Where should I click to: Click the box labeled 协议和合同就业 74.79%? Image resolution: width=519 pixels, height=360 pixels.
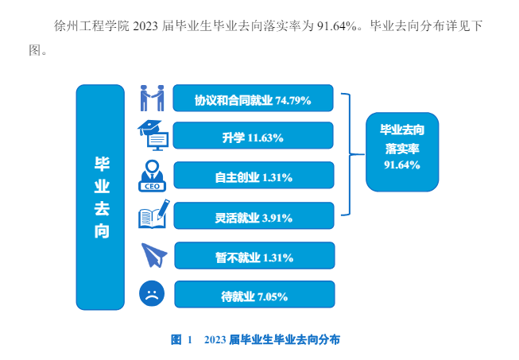253,99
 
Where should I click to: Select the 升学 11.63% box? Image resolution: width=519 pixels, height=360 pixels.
253,137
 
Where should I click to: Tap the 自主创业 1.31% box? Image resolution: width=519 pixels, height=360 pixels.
253,176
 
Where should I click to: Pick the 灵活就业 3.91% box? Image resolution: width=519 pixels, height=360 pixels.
253,217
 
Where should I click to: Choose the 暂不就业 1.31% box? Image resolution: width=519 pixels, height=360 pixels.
254,257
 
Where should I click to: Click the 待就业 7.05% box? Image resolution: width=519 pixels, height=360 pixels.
254,296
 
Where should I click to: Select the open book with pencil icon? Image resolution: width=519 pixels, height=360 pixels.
153,215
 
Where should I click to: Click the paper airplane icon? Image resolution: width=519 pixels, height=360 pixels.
153,255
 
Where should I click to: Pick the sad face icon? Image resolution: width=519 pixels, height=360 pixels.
151,295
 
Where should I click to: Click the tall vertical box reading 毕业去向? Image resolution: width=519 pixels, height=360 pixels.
101,197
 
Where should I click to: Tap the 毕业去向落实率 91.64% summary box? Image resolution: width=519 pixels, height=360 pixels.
401,146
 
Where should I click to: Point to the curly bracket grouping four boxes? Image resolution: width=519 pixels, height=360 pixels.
347,154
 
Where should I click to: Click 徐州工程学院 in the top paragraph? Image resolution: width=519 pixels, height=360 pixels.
84,26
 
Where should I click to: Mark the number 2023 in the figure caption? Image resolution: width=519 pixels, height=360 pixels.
215,339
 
